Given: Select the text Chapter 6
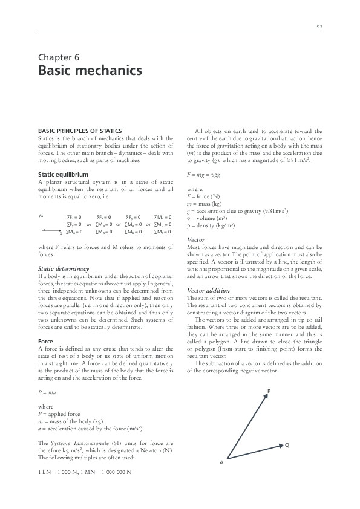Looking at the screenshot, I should point(59,57).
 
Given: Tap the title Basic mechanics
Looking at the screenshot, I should point(90,71).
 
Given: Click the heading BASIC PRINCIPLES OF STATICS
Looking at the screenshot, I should point(80,131).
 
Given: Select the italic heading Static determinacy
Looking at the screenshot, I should point(64,268).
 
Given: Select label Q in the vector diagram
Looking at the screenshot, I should point(287,445).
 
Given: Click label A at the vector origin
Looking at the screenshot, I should point(221,462).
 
